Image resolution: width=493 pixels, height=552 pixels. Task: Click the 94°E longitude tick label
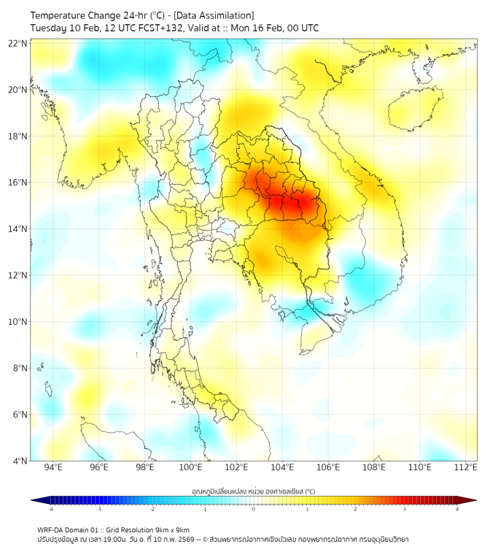pyautogui.click(x=53, y=467)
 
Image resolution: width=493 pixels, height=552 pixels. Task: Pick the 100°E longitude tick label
pyautogui.click(x=191, y=467)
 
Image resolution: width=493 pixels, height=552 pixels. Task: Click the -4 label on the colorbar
pyautogui.click(x=50, y=509)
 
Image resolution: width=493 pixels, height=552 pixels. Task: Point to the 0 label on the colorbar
pyautogui.click(x=254, y=509)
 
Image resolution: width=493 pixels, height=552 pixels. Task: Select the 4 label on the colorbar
pyautogui.click(x=457, y=509)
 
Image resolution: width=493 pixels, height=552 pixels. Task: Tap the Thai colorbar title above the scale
pyautogui.click(x=253, y=491)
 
